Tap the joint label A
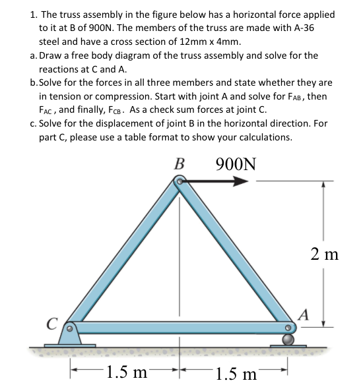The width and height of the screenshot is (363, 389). coord(304,313)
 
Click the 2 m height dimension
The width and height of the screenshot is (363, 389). coord(324,254)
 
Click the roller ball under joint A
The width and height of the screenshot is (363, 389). coord(288,340)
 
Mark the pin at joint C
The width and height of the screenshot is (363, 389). coord(68,327)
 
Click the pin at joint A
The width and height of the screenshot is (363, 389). coord(288,326)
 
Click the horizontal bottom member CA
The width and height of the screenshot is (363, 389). coord(178,327)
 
